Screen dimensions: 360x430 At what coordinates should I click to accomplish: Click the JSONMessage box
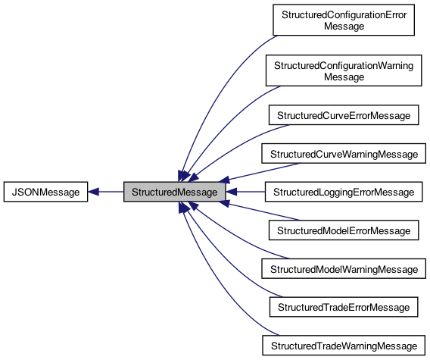(x=45, y=193)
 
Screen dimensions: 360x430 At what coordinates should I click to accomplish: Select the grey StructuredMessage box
(x=175, y=193)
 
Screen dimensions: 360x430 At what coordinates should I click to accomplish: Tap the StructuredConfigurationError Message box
(x=344, y=20)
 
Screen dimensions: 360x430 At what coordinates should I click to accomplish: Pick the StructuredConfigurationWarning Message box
(x=344, y=71)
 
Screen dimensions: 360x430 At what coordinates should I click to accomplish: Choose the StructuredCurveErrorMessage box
(x=344, y=116)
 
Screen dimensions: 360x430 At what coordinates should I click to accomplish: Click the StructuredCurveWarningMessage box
(x=344, y=154)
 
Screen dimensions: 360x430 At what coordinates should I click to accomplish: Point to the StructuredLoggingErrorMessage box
(x=344, y=193)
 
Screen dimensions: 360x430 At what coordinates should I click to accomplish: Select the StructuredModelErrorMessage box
(x=344, y=230)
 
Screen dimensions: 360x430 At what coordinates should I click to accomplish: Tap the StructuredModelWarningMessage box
(x=344, y=269)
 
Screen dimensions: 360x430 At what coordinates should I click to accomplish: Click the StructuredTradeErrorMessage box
(x=344, y=307)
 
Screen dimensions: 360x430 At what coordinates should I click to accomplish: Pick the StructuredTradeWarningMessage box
(x=344, y=346)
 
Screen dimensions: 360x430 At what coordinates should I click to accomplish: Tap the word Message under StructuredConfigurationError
(x=344, y=27)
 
